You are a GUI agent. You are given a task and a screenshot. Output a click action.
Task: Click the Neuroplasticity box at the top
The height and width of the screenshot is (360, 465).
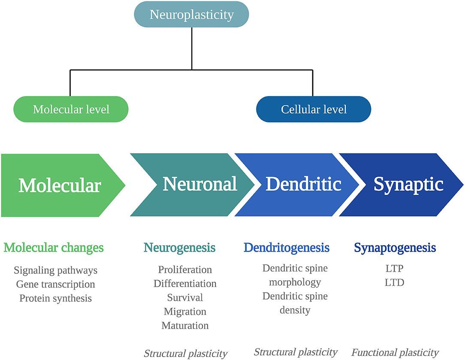pyautogui.click(x=191, y=15)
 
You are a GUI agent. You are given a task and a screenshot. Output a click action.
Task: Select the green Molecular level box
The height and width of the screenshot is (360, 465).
pyautogui.click(x=71, y=109)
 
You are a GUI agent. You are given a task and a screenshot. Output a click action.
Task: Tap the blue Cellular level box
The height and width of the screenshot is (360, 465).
pyautogui.click(x=314, y=109)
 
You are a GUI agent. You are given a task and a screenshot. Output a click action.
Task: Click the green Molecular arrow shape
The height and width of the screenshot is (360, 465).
pyautogui.click(x=60, y=185)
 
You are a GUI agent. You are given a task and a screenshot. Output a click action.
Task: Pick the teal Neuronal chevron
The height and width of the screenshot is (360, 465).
pyautogui.click(x=199, y=185)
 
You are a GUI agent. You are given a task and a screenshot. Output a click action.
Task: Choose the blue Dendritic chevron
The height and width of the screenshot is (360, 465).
pyautogui.click(x=303, y=185)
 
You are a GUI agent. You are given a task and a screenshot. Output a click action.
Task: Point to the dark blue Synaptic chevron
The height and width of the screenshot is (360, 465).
pyautogui.click(x=408, y=185)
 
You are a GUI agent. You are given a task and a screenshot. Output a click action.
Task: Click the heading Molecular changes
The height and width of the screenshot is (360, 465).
pyautogui.click(x=54, y=248)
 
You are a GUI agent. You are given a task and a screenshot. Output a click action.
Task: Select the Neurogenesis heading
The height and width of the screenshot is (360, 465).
pyautogui.click(x=179, y=248)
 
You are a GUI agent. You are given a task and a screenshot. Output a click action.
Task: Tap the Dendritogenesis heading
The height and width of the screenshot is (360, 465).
pyautogui.click(x=287, y=248)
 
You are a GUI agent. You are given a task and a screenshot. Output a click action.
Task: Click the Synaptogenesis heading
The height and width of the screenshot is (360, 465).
pyautogui.click(x=395, y=248)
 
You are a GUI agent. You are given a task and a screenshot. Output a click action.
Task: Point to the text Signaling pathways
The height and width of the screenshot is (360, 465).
pyautogui.click(x=56, y=270)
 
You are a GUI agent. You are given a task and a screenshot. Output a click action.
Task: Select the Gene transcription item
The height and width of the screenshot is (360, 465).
pyautogui.click(x=56, y=284)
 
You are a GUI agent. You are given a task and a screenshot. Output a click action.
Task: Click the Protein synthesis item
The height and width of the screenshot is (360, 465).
pyautogui.click(x=56, y=298)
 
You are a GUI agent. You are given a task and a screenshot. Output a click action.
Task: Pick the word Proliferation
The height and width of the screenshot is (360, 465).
pyautogui.click(x=185, y=270)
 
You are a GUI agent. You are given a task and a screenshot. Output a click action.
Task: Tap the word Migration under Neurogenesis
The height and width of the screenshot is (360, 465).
pyautogui.click(x=185, y=312)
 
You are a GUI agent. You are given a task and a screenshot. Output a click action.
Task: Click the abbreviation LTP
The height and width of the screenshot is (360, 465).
pyautogui.click(x=395, y=269)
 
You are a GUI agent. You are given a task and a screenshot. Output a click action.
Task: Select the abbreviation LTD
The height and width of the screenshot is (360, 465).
pyautogui.click(x=395, y=283)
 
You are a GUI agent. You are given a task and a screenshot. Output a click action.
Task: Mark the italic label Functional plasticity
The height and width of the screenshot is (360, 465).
pyautogui.click(x=395, y=353)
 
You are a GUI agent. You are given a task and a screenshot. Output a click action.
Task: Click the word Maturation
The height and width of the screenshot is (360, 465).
pyautogui.click(x=185, y=326)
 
